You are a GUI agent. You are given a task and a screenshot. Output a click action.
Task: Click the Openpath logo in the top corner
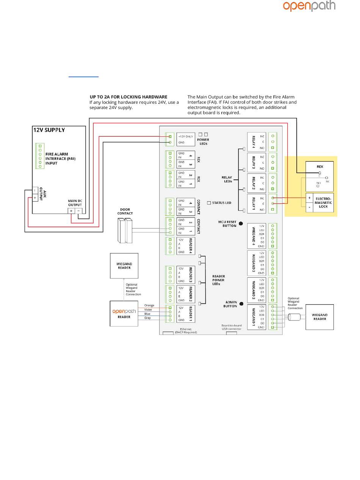coord(309,6)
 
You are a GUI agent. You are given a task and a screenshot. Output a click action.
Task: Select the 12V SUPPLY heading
coord(49,130)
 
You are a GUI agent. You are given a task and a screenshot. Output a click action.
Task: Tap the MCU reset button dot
coord(241,224)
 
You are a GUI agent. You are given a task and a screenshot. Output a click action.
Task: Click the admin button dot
coord(241,304)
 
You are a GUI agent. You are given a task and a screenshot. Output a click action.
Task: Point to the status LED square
coord(209,203)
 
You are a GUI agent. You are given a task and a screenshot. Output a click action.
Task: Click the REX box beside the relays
coord(319,177)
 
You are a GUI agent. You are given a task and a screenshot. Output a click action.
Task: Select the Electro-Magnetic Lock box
coord(319,202)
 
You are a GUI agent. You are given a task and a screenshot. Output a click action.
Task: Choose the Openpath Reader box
coord(124,313)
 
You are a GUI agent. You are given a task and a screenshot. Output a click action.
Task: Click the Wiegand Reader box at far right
coord(319,317)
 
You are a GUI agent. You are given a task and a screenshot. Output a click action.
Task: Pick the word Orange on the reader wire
coord(149,305)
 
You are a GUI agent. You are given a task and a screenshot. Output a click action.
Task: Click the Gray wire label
coord(147,318)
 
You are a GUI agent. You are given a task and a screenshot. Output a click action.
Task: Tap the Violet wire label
coord(148,310)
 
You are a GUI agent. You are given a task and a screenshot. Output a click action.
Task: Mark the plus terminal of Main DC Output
coord(71,211)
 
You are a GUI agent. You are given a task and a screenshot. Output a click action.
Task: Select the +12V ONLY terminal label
coord(186,136)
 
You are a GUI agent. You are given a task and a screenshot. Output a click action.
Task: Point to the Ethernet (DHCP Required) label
coord(186,330)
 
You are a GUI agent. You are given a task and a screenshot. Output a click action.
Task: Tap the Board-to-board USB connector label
coord(231,327)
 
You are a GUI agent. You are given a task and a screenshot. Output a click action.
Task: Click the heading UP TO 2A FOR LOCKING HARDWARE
coord(128,97)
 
